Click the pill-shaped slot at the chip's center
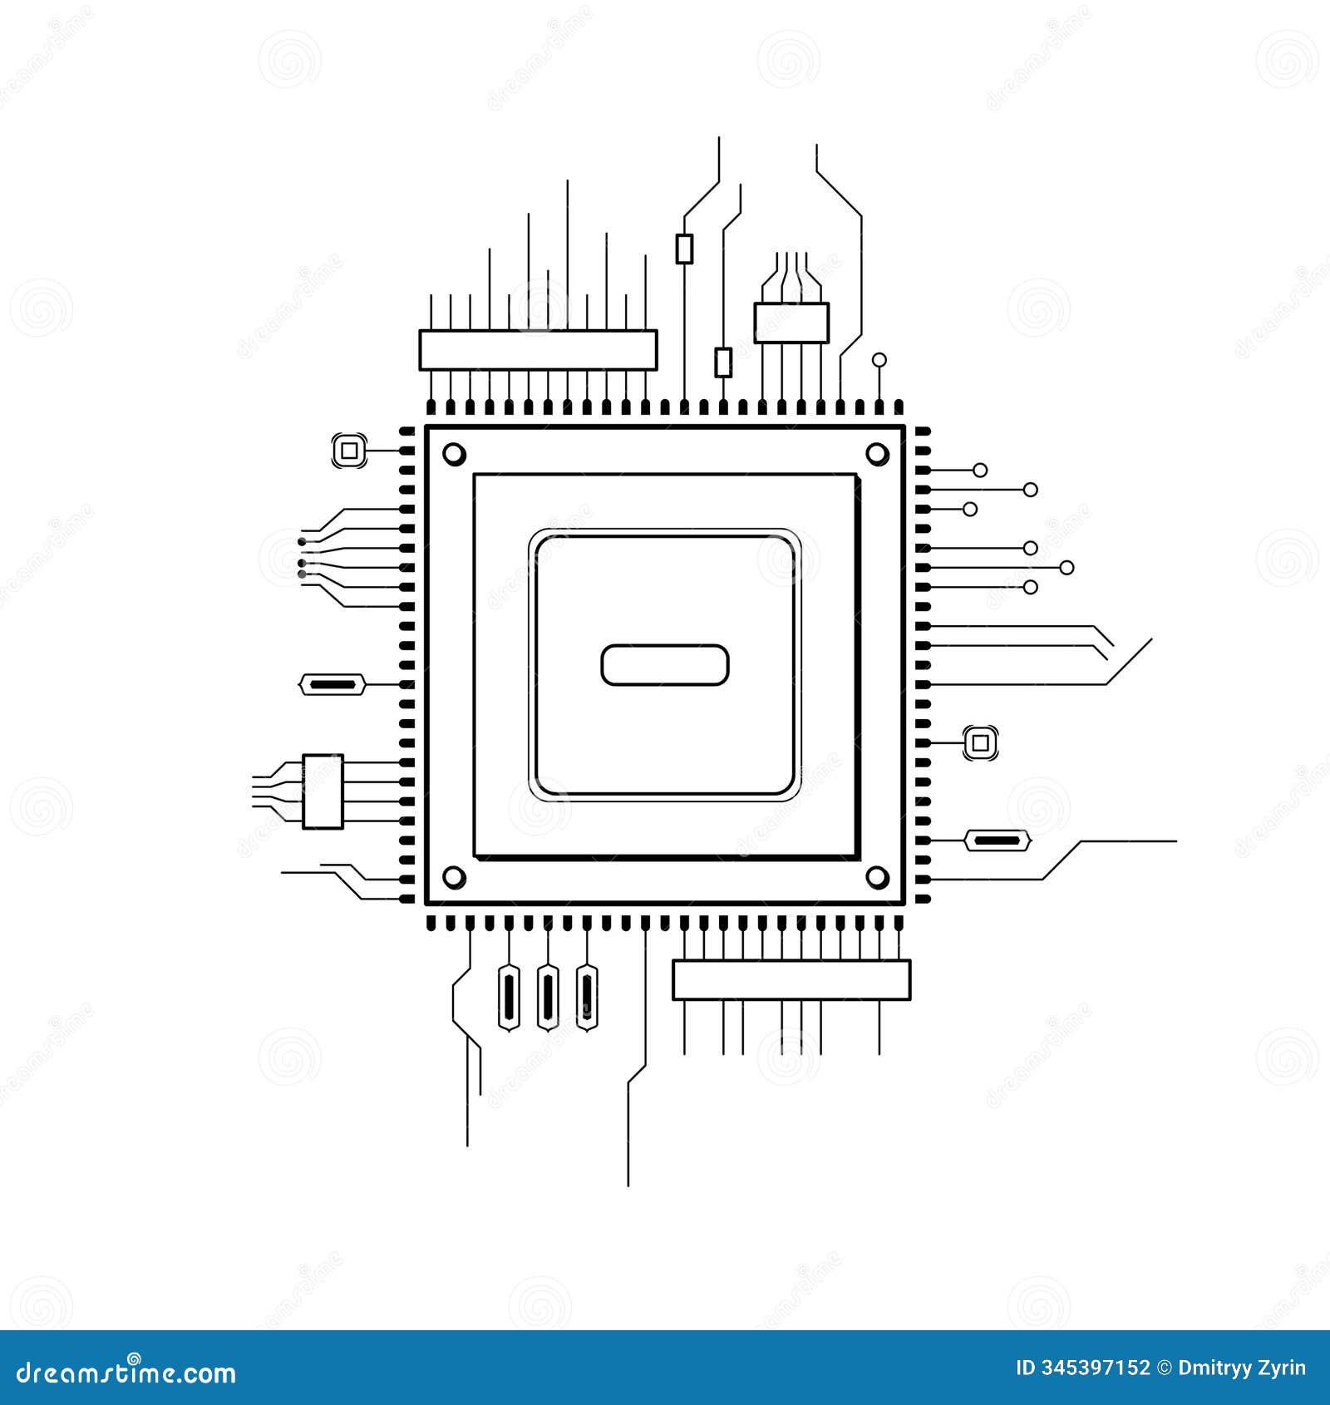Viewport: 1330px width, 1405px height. pos(664,665)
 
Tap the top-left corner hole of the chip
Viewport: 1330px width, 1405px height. pos(454,454)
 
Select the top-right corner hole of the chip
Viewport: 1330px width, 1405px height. pos(877,454)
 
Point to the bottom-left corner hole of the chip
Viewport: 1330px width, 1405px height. pos(454,876)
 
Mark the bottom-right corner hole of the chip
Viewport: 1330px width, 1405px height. pos(877,876)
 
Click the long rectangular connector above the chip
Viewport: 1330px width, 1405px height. pos(538,350)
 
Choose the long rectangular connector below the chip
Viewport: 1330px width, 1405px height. pos(791,980)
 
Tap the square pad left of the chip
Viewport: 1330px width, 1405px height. pos(349,451)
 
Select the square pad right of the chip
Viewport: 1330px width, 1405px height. pos(980,742)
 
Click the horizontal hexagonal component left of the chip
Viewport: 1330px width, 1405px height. pos(332,685)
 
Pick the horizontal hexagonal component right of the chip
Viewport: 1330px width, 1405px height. pos(997,841)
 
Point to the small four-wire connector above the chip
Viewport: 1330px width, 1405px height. pos(791,323)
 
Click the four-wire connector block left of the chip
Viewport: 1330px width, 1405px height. pos(323,791)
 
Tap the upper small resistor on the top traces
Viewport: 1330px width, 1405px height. pos(684,249)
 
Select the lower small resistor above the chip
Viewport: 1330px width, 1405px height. pos(723,363)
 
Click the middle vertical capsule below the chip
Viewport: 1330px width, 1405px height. pos(547,997)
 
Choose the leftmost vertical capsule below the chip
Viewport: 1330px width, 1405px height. pos(508,997)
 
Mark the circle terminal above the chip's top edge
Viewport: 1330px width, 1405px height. pos(879,360)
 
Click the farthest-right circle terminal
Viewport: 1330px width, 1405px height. pos(1066,568)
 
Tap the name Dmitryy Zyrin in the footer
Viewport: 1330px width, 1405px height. pos(1242,1368)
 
